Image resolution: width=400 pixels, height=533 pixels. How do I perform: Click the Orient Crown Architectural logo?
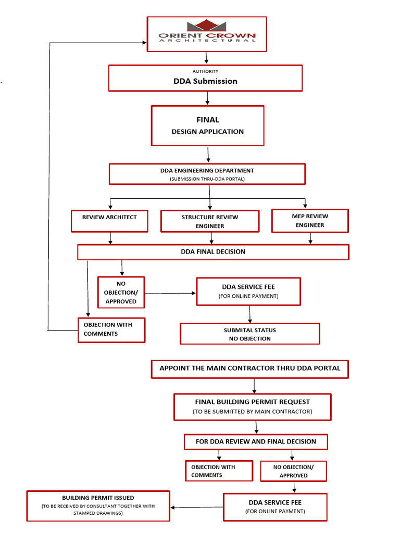point(207,32)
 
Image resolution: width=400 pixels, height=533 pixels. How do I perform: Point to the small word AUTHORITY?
point(205,71)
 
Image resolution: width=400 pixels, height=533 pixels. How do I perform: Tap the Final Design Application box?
point(207,125)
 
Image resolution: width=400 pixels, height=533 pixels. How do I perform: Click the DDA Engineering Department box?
point(207,174)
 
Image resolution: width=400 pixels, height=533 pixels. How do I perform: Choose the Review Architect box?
point(109,221)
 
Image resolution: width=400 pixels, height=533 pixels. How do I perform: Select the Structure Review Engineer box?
point(210,221)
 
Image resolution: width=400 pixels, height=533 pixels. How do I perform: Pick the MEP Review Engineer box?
point(310,221)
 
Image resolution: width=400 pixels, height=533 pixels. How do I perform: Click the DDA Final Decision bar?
point(213,252)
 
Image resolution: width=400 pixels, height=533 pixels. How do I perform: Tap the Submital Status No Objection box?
point(249,334)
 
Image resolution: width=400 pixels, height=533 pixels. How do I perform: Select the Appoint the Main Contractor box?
point(249,369)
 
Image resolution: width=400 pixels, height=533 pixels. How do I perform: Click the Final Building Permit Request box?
point(252,407)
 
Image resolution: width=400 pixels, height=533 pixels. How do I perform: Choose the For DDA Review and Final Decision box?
point(256,442)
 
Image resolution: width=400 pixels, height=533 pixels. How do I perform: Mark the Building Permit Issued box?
point(98,505)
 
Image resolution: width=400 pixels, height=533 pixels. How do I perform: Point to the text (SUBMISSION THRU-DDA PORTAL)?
point(207,179)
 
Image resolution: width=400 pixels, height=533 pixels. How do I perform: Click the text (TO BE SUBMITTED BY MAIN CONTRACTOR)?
point(252,412)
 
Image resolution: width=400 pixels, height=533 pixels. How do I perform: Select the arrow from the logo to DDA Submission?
point(207,58)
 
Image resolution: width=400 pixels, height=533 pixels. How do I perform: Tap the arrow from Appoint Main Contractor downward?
point(254,386)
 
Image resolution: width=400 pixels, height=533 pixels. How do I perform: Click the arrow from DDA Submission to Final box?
point(207,98)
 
